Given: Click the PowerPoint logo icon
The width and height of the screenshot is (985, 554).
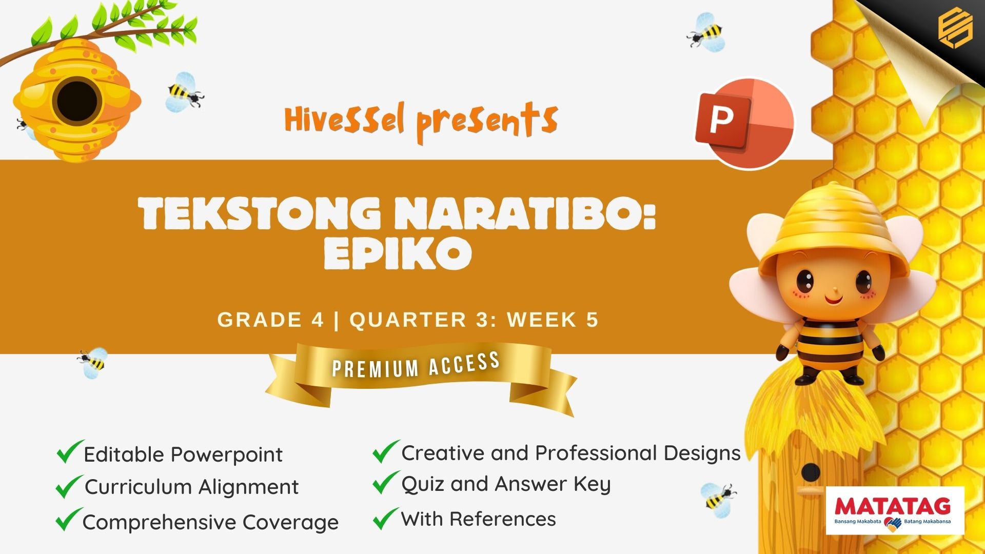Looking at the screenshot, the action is click(744, 123).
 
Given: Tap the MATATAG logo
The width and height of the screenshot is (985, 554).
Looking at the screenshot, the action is click(895, 511).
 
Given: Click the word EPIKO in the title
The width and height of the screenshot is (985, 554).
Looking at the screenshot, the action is click(398, 253).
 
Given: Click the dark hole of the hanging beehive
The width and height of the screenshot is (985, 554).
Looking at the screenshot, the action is click(77, 100).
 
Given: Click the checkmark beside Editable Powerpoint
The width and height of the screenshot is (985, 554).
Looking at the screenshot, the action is click(70, 451).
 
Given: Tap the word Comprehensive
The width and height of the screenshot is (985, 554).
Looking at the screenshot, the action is click(160, 523).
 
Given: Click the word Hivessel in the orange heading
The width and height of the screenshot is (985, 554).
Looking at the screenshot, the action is click(344, 119).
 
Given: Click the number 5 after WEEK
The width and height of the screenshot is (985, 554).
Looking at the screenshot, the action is click(592, 320).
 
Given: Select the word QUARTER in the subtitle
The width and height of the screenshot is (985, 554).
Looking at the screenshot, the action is click(408, 320).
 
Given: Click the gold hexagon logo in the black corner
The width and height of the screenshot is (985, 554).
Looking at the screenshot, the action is click(955, 30).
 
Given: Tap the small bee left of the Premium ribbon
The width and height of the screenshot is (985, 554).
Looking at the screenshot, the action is click(93, 363).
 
